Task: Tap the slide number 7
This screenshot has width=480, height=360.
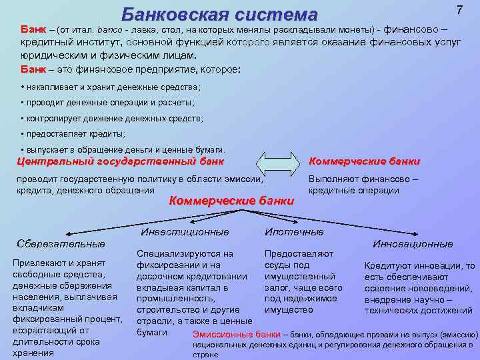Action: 459,11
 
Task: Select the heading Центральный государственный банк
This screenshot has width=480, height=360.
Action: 120,161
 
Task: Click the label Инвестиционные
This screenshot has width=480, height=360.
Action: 185,231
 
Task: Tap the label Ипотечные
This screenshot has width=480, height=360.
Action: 294,231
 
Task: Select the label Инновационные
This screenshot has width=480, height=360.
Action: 413,243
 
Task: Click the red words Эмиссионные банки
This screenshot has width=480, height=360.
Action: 236,334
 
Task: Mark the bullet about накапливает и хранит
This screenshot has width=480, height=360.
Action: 111,87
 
